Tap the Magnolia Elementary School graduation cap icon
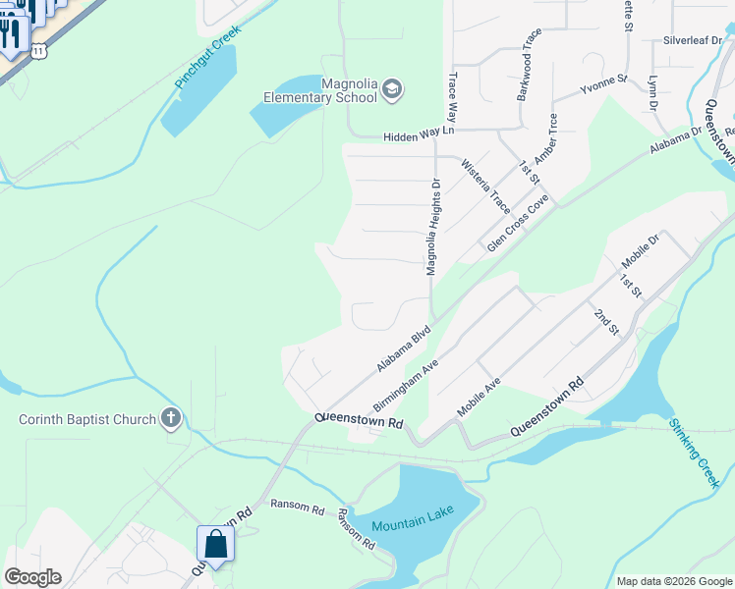pos(391,89)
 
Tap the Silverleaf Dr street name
pos(693,40)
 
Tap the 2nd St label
pos(605,321)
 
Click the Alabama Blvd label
pos(404,349)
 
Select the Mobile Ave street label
pos(480,397)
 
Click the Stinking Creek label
pos(696,453)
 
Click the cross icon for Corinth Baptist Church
pos(171,419)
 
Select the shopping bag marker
pos(215,544)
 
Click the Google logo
pos(32,577)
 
